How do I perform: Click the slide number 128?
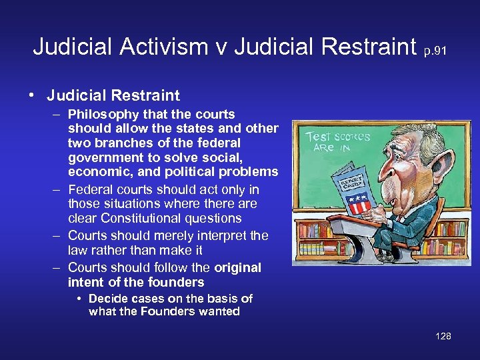pos(443,336)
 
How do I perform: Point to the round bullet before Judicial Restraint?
pos(31,94)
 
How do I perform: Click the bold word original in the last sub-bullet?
pos(237,267)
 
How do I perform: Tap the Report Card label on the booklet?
pos(353,181)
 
